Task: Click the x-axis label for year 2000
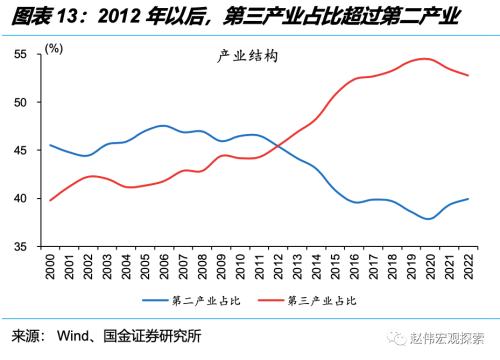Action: click(x=51, y=271)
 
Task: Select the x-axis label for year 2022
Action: click(x=468, y=271)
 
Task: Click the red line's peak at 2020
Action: click(x=428, y=59)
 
